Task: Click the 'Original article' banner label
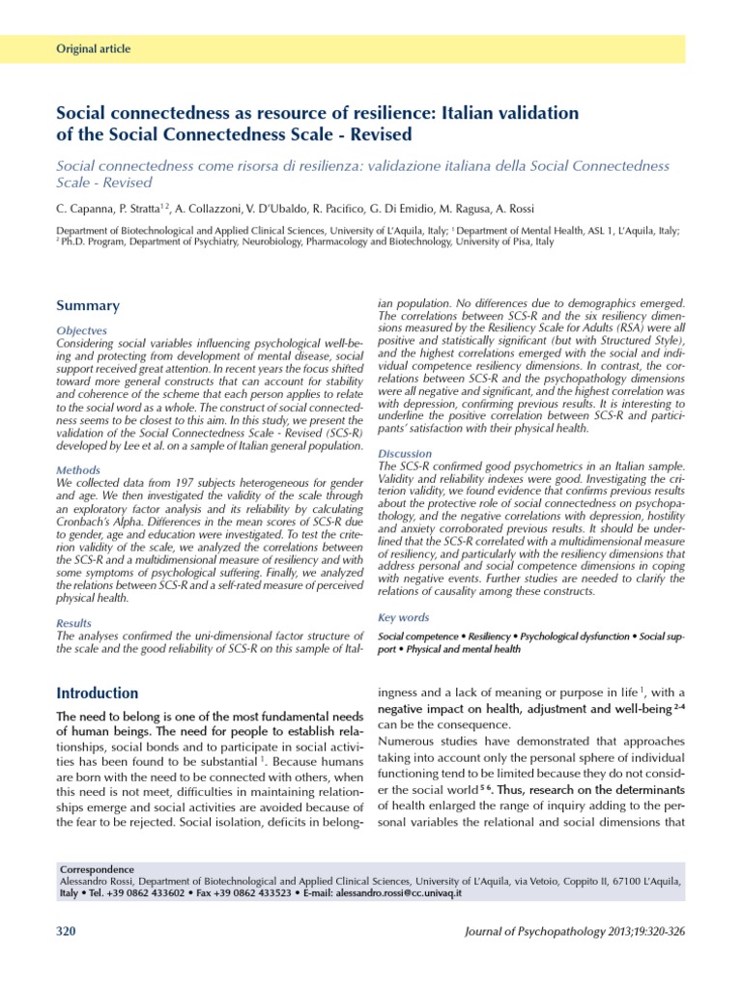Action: (94, 49)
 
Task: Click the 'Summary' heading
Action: (88, 306)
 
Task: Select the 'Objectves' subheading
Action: (83, 330)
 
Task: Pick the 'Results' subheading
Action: (75, 624)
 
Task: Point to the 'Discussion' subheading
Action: (406, 453)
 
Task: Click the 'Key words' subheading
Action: (404, 617)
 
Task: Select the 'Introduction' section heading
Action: (98, 693)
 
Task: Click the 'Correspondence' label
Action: (97, 869)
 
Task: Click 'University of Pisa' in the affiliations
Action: (499, 242)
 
